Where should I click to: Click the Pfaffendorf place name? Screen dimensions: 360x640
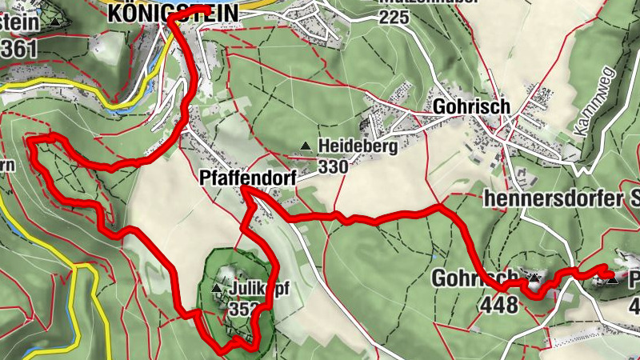coord(245,180)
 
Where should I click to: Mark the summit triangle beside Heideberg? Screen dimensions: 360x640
coord(305,146)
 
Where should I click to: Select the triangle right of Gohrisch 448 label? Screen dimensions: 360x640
coord(534,279)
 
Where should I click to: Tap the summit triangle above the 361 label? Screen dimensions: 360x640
coord(54,22)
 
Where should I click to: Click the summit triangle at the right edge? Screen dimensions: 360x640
coord(612,280)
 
